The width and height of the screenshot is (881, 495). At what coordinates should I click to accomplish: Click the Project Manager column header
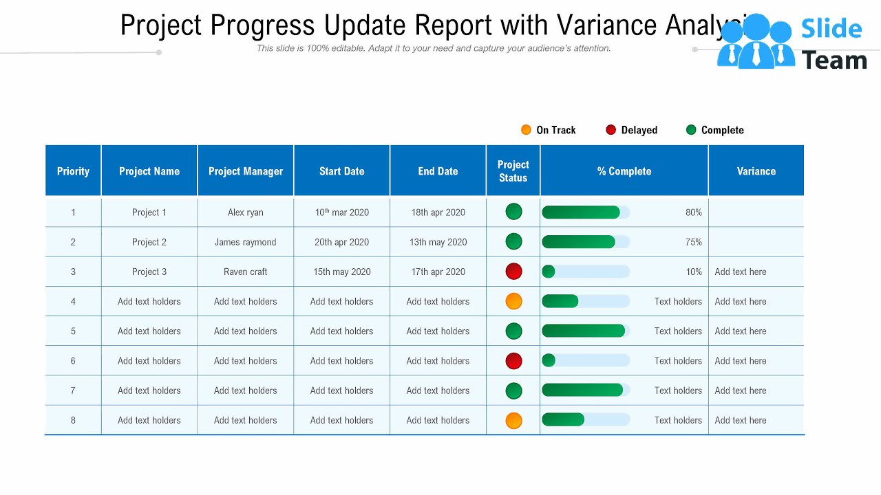(246, 171)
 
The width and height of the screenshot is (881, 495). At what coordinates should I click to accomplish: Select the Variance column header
(756, 171)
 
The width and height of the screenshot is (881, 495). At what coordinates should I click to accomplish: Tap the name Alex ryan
(246, 212)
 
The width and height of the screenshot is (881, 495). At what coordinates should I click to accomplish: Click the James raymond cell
(246, 242)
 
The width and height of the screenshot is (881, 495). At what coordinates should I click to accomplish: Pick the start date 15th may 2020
(342, 272)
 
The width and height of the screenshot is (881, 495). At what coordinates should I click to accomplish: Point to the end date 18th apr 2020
(438, 212)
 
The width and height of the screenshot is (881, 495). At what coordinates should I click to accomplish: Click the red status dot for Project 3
(513, 272)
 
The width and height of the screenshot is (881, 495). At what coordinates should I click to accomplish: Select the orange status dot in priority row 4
(513, 301)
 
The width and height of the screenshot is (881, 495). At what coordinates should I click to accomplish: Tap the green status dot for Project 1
(513, 212)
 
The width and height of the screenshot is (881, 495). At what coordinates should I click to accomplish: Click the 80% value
(693, 212)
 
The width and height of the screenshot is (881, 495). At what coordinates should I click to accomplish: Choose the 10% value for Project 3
(693, 272)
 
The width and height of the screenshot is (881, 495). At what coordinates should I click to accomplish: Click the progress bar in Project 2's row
(585, 242)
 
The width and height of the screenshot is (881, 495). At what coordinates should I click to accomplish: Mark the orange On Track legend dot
(527, 130)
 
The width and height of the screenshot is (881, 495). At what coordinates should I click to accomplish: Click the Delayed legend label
(639, 130)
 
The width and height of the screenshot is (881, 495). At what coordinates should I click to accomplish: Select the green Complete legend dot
(691, 130)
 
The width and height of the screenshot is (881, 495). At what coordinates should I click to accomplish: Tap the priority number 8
(73, 420)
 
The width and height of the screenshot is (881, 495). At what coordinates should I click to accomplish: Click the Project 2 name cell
(149, 242)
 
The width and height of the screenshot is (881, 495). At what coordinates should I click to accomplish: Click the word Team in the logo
(834, 60)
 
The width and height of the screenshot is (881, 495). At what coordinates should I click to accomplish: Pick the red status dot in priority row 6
(513, 361)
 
